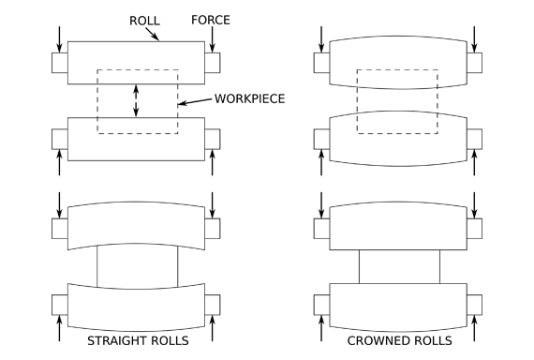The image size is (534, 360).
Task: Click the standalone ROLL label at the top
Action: tap(144, 21)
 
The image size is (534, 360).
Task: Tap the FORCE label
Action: tap(211, 20)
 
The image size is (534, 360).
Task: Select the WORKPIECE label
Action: tap(249, 98)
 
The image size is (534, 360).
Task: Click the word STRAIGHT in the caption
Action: tap(114, 340)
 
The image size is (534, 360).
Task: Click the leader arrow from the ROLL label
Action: tap(152, 34)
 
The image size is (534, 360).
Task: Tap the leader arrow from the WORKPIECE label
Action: tap(195, 101)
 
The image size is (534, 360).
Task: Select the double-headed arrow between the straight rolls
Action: tap(136, 101)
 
